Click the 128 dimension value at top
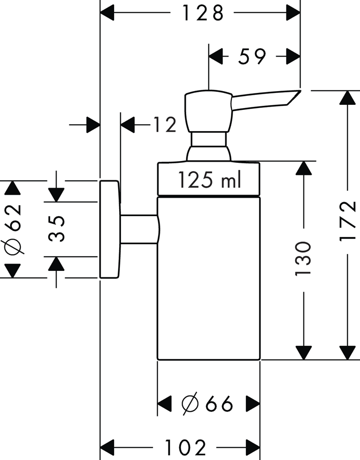click(x=203, y=13)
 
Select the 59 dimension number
click(x=252, y=57)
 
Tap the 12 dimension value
click(x=165, y=125)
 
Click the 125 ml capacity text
click(x=209, y=180)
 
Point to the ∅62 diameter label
click(x=13, y=229)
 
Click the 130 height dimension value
click(x=303, y=258)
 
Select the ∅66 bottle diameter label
click(x=208, y=404)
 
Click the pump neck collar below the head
click(x=209, y=140)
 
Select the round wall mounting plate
click(x=110, y=229)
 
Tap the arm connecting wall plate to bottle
click(x=138, y=229)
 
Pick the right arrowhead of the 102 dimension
click(x=253, y=446)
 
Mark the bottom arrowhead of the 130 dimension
click(x=303, y=353)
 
